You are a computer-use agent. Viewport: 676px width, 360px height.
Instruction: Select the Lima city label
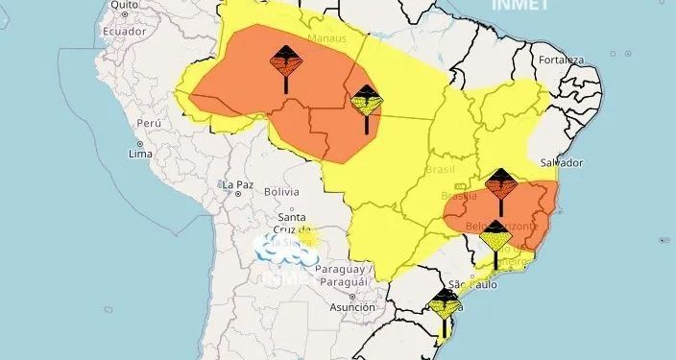141,154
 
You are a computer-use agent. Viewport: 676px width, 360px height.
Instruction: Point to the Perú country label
147,124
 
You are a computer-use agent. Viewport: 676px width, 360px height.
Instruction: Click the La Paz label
237,184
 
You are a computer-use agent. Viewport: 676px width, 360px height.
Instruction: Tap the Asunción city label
351,307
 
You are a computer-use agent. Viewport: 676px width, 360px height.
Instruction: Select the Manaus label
326,38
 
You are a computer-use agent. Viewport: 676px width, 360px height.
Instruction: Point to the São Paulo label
471,285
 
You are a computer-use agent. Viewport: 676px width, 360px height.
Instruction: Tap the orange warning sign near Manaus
285,62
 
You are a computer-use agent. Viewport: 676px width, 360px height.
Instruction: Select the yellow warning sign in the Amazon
367,99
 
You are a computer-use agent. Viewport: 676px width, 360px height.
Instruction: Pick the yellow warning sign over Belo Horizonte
495,235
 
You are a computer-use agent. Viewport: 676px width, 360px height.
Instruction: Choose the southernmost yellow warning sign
445,304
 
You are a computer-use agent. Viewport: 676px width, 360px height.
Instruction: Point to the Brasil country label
441,169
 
